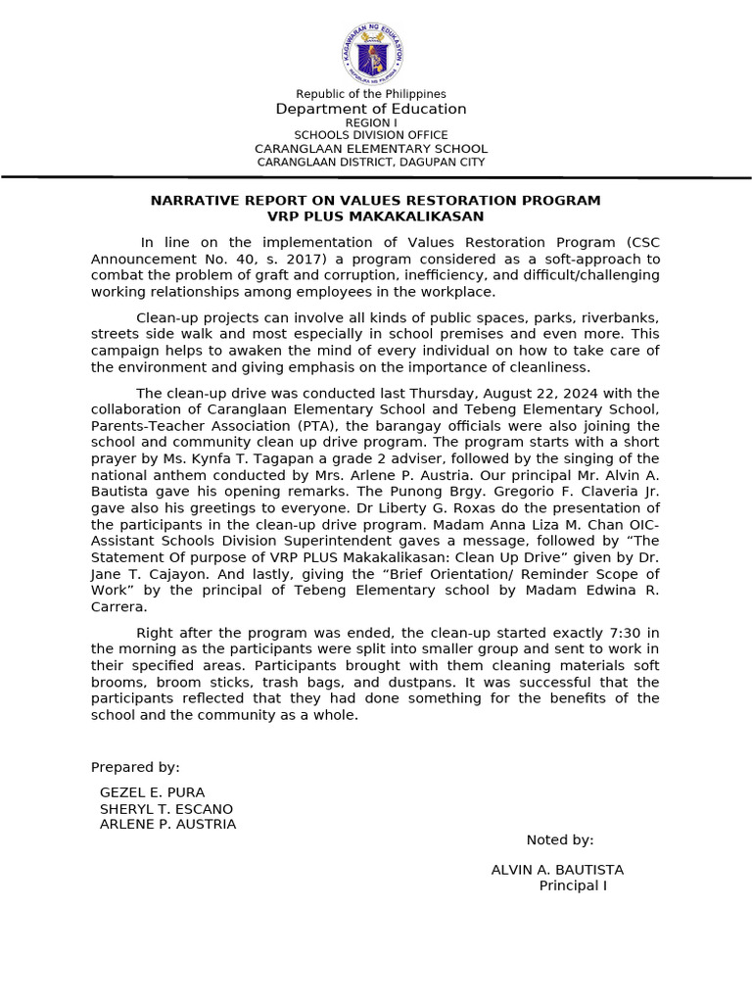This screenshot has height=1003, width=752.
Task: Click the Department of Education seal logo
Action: coord(372,54)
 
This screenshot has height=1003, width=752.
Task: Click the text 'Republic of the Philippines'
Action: coord(371,94)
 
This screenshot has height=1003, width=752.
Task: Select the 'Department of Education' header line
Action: coord(371,109)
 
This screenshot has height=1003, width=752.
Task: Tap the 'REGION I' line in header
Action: coord(371,122)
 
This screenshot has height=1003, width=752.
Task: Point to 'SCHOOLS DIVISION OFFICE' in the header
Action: coord(371,135)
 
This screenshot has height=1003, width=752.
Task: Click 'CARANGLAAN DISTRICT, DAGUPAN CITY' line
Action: coord(371,162)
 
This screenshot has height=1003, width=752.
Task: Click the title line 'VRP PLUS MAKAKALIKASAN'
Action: coord(375,215)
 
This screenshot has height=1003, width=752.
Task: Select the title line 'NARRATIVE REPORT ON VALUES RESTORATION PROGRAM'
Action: coord(375,200)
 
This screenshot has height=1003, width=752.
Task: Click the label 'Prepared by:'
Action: coord(135,767)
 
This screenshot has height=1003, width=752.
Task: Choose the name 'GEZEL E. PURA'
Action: coord(153,792)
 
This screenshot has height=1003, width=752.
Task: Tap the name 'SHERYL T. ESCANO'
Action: coord(166,808)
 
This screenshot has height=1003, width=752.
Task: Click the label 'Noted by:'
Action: coord(560,839)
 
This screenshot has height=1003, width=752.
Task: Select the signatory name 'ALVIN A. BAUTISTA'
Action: coord(557,870)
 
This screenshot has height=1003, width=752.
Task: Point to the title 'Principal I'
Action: coord(573,885)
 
